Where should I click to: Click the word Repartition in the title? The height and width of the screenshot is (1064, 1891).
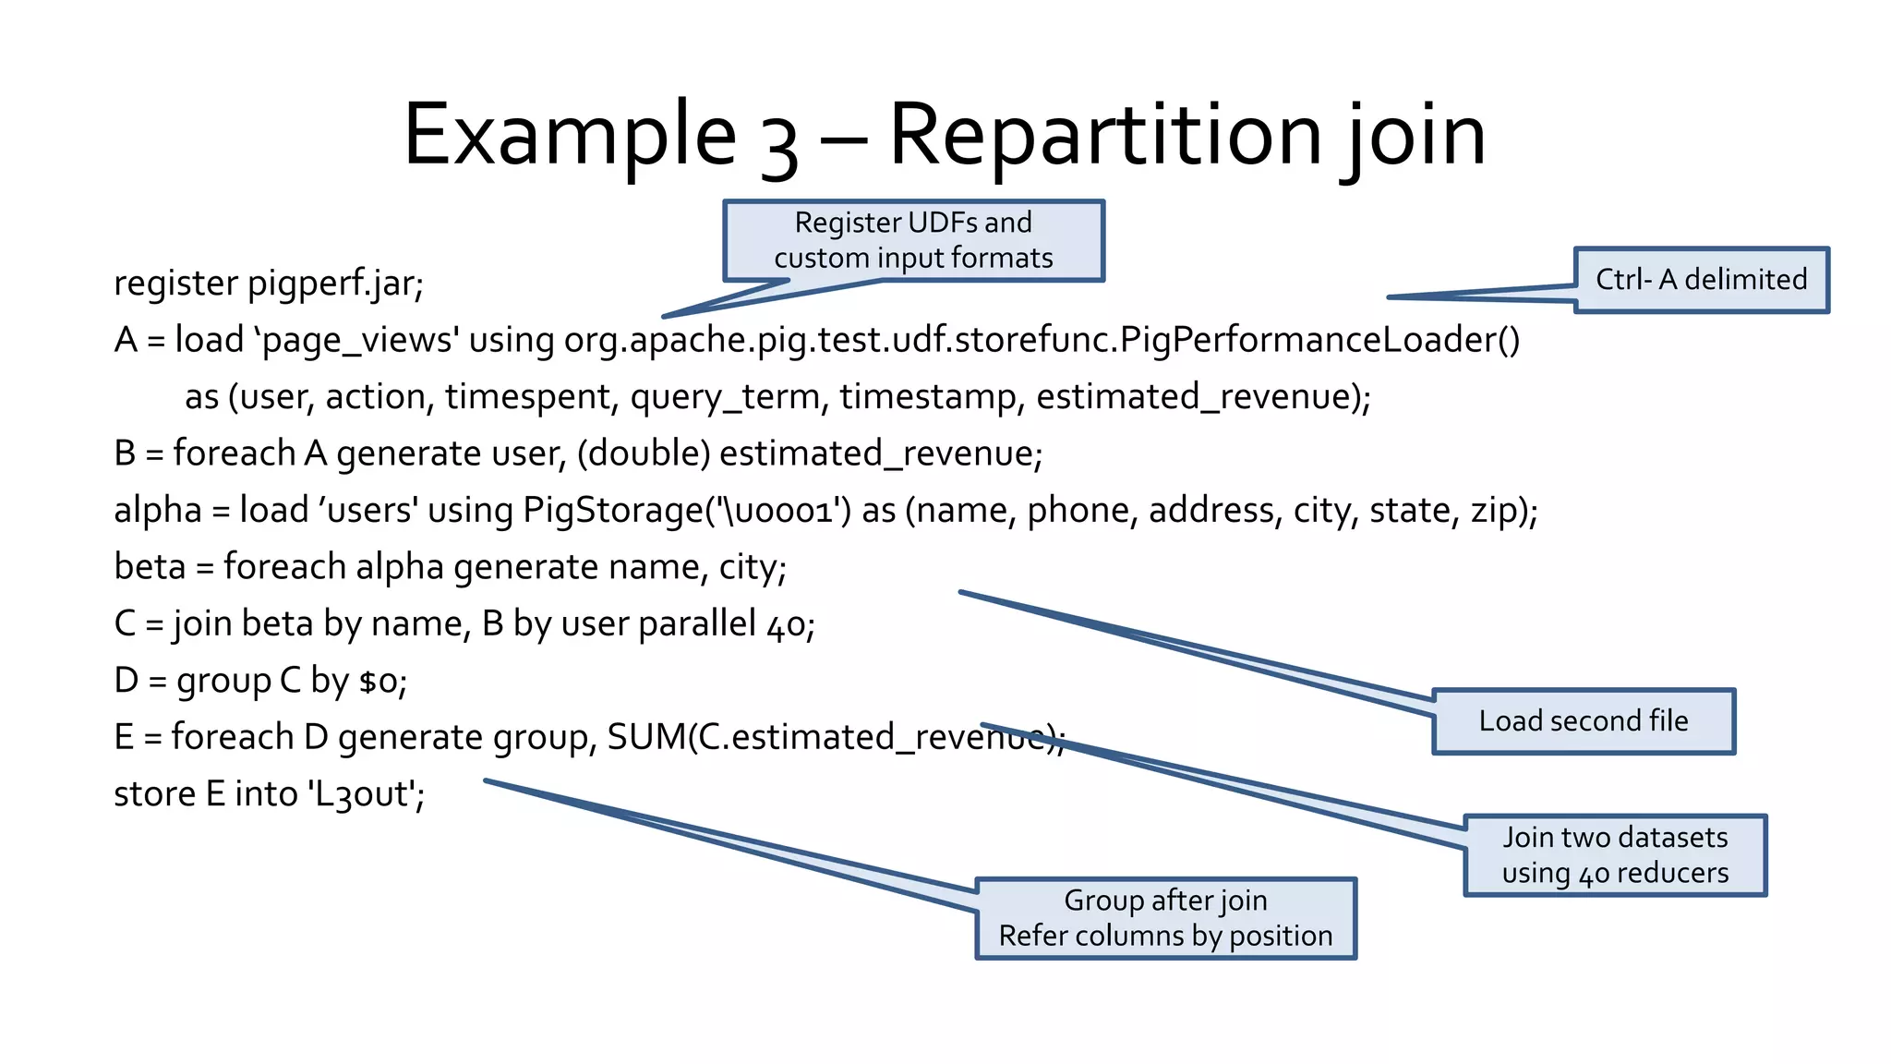[1103, 136]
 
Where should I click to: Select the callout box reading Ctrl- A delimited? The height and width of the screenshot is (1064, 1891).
[1701, 280]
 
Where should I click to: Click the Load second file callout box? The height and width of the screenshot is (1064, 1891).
[1584, 721]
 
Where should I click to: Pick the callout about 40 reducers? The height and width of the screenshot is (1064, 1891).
[1615, 855]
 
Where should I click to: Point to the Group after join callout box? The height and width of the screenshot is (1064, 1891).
[1165, 918]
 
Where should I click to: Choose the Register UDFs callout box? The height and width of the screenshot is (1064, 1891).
[913, 240]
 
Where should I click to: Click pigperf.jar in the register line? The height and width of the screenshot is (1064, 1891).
[335, 284]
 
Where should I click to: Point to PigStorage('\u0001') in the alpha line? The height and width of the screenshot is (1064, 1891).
[687, 510]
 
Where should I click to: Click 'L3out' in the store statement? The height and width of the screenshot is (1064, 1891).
[366, 794]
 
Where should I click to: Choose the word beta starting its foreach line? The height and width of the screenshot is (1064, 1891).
[150, 567]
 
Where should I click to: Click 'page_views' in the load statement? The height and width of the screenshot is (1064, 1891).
[356, 340]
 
